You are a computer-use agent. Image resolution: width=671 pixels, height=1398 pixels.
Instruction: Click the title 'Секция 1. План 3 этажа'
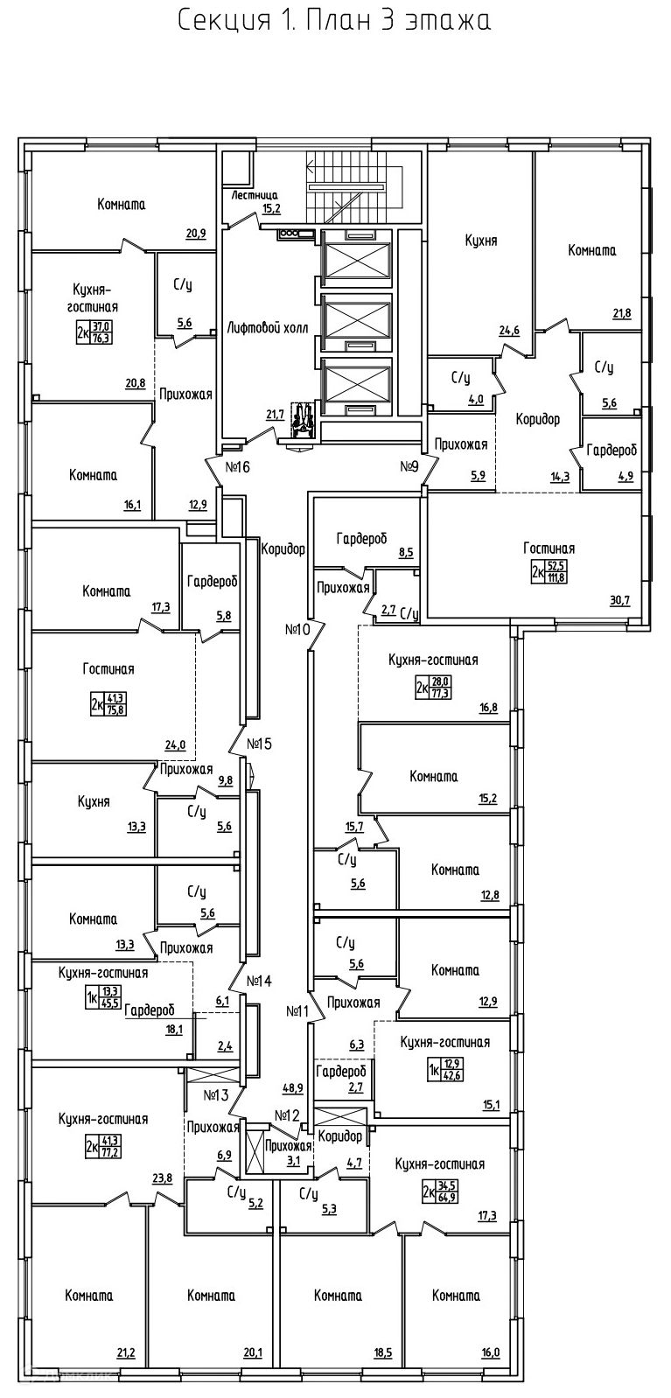coord(334,21)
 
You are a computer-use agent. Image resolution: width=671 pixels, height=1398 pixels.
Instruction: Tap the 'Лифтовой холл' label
coord(268,328)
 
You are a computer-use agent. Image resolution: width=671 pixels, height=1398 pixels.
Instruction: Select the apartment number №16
coord(238,467)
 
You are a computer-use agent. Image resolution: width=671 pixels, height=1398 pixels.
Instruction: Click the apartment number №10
coord(297,628)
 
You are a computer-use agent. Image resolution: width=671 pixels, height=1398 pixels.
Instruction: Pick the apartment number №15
coord(260,744)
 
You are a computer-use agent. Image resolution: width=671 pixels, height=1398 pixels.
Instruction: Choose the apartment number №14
coord(260,981)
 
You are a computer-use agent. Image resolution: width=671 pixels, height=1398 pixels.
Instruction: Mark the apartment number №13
coord(216,1094)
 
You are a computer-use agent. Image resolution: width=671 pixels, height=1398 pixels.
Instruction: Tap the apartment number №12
coord(287,1115)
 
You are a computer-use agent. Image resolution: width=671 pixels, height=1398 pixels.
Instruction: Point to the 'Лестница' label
coord(255,195)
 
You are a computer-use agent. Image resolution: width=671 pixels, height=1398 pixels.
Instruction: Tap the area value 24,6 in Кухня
coord(509,330)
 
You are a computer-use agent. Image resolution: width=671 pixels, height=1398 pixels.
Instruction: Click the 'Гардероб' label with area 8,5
coord(361,539)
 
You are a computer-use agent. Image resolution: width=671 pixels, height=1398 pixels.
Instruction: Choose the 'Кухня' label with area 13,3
coord(93,800)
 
